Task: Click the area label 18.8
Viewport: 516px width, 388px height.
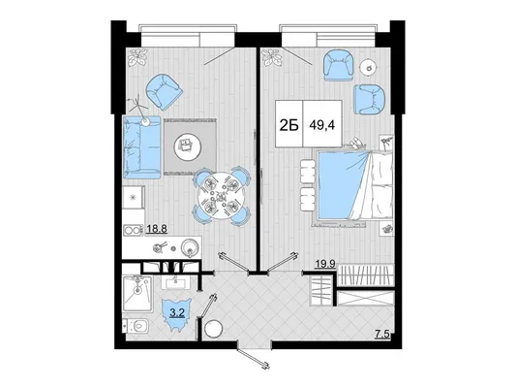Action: tap(157, 229)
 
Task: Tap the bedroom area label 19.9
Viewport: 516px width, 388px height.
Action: tap(325, 264)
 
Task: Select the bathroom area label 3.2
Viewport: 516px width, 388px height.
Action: tap(177, 313)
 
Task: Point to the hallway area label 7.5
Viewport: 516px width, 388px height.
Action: tap(382, 335)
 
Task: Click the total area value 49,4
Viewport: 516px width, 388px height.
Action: tap(322, 125)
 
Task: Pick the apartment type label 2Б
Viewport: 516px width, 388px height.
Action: tap(289, 125)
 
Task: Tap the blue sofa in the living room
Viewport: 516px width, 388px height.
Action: tap(142, 147)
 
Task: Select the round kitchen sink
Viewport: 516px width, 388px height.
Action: tap(191, 248)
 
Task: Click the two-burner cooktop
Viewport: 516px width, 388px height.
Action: tap(133, 230)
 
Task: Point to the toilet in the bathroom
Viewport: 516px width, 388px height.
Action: tap(137, 327)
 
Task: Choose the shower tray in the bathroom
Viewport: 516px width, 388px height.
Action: tap(137, 294)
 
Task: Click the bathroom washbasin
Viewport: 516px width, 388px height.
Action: tap(176, 282)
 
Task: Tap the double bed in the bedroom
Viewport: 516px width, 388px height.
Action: tap(354, 184)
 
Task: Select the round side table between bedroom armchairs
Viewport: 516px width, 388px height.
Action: tap(369, 68)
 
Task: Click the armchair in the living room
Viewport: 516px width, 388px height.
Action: tap(164, 92)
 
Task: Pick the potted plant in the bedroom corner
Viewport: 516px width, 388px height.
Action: tap(272, 57)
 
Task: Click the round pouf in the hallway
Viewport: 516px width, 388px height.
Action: tap(213, 329)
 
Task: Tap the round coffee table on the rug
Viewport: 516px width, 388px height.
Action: tap(187, 145)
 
